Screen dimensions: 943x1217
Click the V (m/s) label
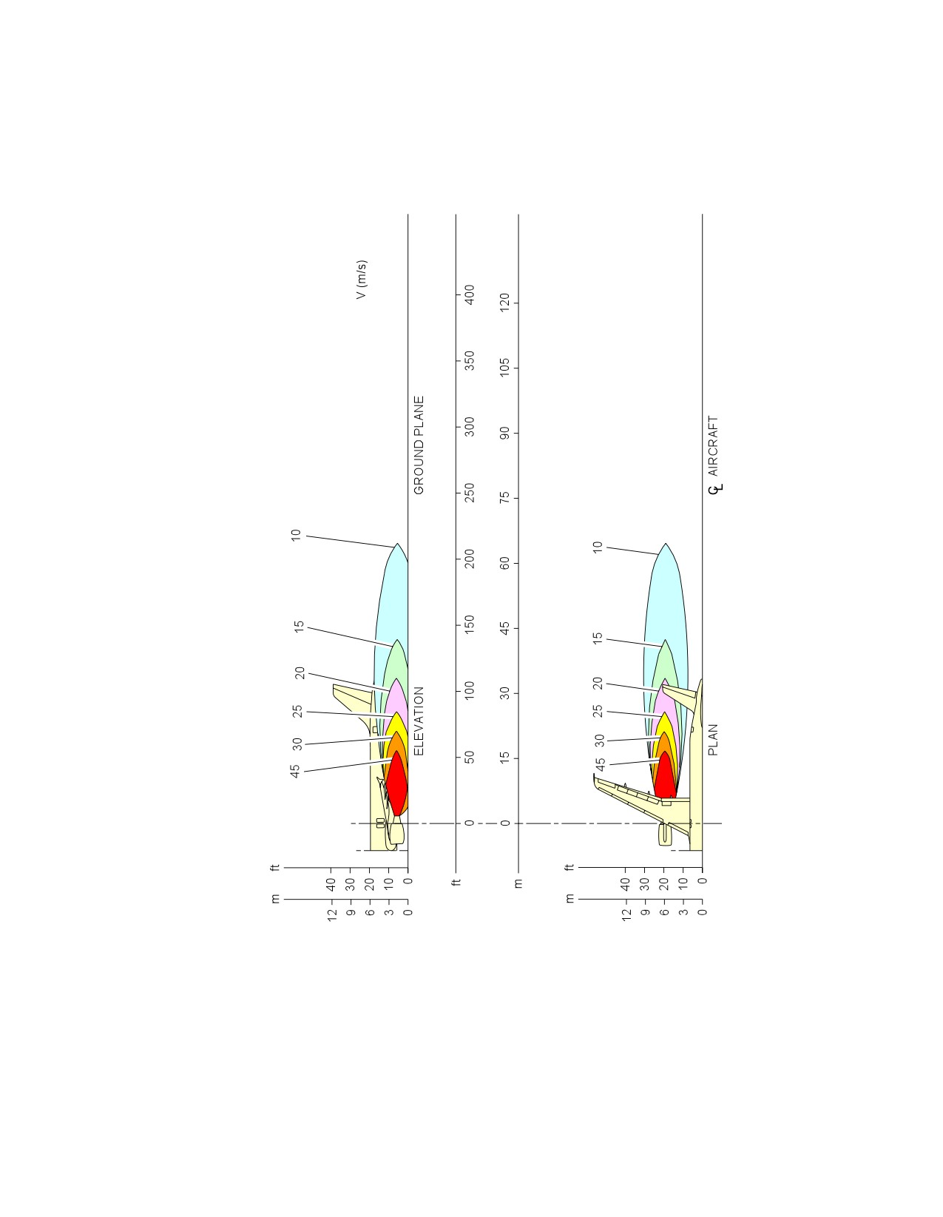[x=362, y=280]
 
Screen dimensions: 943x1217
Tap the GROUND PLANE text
[x=419, y=445]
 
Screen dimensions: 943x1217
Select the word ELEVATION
[x=419, y=721]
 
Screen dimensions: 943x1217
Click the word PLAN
[x=713, y=740]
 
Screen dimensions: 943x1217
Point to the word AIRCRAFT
[x=713, y=446]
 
